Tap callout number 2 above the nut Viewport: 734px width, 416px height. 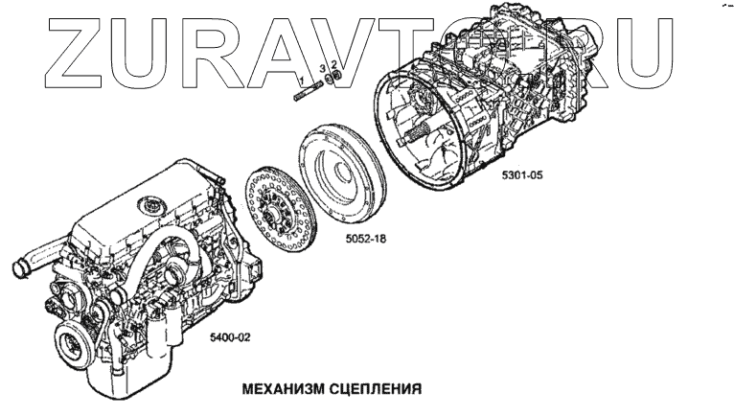(x=332, y=66)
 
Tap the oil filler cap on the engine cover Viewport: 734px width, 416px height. (x=149, y=204)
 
